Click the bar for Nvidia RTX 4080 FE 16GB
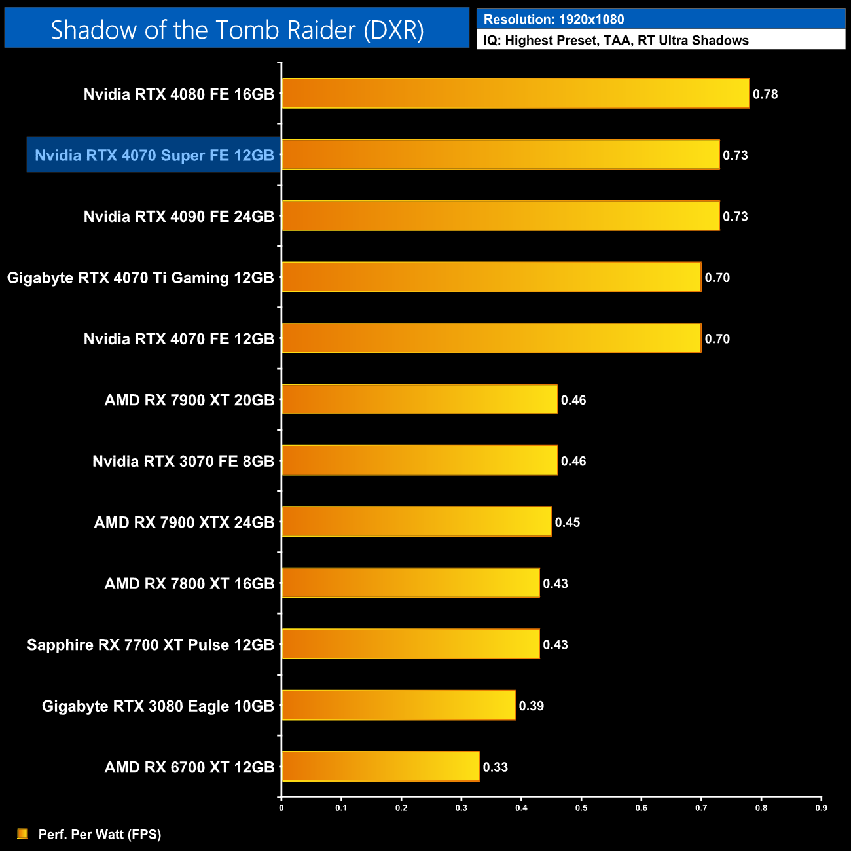pyautogui.click(x=515, y=94)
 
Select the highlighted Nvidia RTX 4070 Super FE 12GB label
pyautogui.click(x=154, y=155)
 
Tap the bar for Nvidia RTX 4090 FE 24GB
pyautogui.click(x=500, y=216)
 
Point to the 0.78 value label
pyautogui.click(x=765, y=94)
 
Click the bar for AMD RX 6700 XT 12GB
pyautogui.click(x=380, y=767)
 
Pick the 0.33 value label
pyautogui.click(x=496, y=767)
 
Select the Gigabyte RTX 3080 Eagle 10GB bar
pyautogui.click(x=398, y=706)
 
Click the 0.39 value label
pyautogui.click(x=532, y=706)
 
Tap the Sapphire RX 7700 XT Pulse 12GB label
pyautogui.click(x=151, y=645)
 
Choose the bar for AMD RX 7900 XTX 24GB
pyautogui.click(x=416, y=522)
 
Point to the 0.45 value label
pyautogui.click(x=568, y=522)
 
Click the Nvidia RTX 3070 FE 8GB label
pyautogui.click(x=183, y=462)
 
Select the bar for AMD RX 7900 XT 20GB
pyautogui.click(x=420, y=399)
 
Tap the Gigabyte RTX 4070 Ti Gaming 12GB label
pyautogui.click(x=141, y=278)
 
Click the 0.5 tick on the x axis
pyautogui.click(x=581, y=808)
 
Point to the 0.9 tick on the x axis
pyautogui.click(x=821, y=808)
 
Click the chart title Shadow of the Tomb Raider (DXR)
pyautogui.click(x=237, y=30)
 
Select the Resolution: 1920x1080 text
pyautogui.click(x=554, y=20)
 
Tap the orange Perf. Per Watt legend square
pyautogui.click(x=23, y=833)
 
